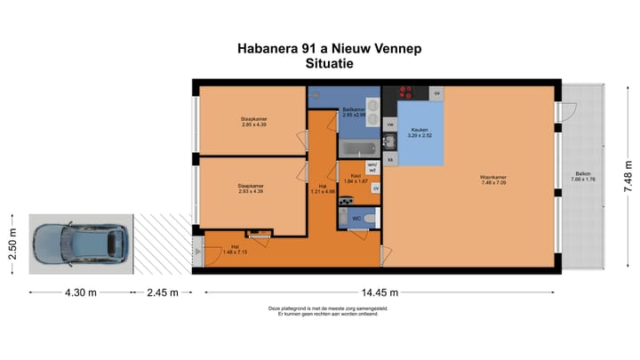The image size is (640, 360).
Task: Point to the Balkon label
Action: [582, 175]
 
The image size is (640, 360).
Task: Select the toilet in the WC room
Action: [368, 217]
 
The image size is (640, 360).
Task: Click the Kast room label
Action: [355, 178]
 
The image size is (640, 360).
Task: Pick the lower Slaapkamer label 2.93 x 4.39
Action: [250, 188]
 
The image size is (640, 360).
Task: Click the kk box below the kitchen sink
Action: [390, 159]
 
